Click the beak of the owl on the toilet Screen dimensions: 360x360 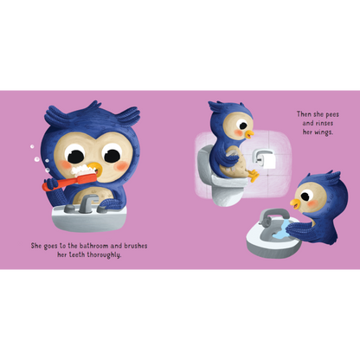[248, 134]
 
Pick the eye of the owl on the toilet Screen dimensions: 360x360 [235, 126]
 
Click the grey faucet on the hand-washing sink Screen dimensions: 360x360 [274, 216]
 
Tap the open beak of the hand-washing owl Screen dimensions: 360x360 [296, 204]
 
